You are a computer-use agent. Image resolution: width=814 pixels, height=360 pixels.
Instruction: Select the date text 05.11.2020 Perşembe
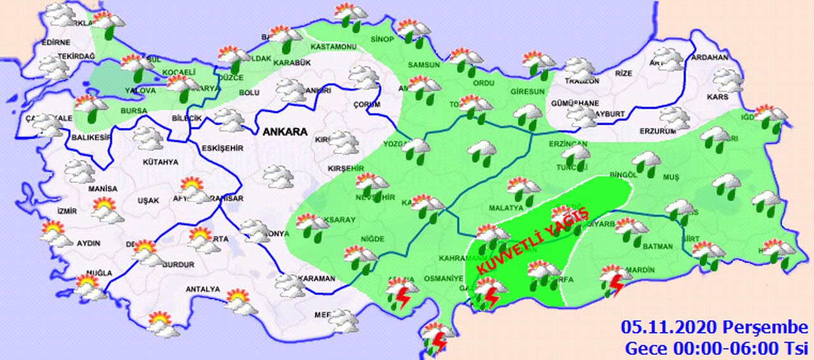(x=714, y=328)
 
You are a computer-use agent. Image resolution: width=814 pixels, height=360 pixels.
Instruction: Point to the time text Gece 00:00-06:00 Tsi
(x=715, y=348)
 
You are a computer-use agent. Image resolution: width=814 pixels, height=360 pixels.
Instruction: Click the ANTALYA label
(x=202, y=290)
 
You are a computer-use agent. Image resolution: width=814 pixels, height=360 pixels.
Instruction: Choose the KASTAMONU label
(x=333, y=47)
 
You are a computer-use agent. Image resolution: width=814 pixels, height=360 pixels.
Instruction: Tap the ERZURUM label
(x=658, y=132)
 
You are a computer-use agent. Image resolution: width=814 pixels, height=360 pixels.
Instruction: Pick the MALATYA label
(x=506, y=207)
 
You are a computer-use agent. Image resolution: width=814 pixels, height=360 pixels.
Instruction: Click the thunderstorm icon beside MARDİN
(x=616, y=280)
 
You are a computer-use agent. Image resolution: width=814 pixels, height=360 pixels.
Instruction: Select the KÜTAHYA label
(x=160, y=162)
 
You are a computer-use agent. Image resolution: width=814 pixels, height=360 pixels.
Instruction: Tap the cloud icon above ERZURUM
(x=674, y=117)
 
